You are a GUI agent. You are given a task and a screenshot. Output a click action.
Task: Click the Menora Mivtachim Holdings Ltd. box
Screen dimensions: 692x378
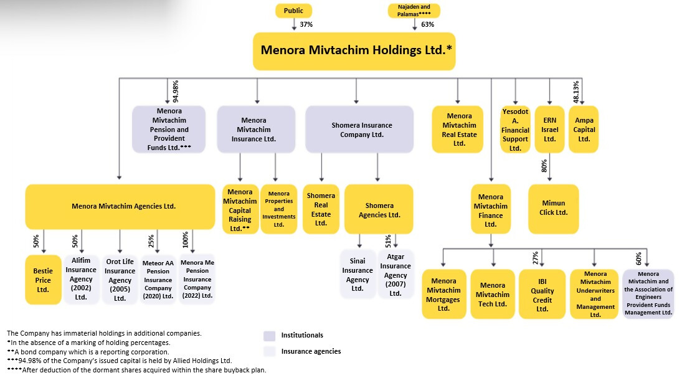click(x=354, y=50)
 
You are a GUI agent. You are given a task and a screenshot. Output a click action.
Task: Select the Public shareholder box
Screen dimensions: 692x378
click(x=293, y=11)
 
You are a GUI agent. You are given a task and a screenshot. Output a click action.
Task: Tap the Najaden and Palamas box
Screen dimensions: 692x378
click(x=414, y=11)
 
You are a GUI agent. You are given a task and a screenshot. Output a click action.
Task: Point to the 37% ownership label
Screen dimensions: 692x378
click(x=306, y=24)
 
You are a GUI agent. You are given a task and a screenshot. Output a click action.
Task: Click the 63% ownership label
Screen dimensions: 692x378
click(x=427, y=24)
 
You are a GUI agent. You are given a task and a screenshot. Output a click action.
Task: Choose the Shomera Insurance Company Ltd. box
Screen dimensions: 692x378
click(x=359, y=130)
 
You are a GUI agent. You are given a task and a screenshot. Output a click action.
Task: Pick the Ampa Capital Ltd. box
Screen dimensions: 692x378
click(x=584, y=130)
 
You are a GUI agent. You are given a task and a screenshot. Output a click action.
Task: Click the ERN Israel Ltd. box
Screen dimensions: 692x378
click(x=549, y=130)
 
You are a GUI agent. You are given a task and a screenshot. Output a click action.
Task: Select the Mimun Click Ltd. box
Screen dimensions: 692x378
click(x=554, y=209)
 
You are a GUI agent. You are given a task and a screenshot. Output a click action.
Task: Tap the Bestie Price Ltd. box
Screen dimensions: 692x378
click(x=43, y=280)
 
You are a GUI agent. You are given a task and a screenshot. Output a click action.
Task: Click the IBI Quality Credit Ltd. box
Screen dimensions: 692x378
click(x=542, y=294)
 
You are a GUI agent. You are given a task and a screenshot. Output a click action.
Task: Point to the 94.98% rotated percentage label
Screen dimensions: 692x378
click(x=175, y=92)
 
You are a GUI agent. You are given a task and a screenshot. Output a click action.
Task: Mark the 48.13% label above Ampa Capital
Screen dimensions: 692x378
click(x=576, y=92)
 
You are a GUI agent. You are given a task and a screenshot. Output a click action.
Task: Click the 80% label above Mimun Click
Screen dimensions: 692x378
click(x=544, y=166)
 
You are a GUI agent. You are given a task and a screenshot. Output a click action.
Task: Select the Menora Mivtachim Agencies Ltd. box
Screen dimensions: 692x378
click(x=120, y=206)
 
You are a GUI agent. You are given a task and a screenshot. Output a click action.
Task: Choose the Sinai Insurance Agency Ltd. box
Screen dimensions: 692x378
click(x=358, y=275)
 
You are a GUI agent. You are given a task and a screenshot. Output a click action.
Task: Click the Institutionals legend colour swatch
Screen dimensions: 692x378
click(x=269, y=336)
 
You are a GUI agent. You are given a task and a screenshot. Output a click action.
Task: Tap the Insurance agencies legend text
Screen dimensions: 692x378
click(x=311, y=351)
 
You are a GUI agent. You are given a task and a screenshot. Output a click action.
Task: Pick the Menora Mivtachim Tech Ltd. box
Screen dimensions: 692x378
click(x=493, y=294)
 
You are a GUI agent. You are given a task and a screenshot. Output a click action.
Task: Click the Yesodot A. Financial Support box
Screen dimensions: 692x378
click(x=515, y=130)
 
